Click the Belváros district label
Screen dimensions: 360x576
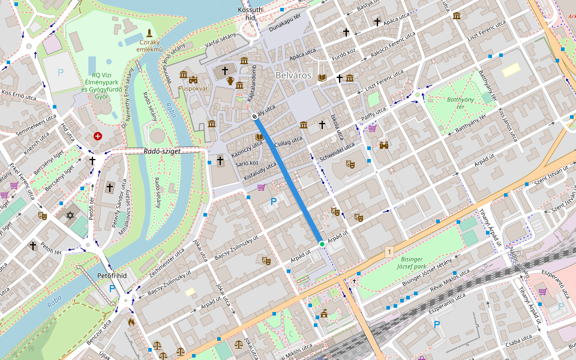[x=293, y=76]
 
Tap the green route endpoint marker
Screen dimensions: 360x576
[x=322, y=244]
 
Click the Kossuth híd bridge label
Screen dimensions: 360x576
[x=250, y=14]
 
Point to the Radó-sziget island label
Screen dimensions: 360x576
[x=162, y=152]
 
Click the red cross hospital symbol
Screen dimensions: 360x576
[x=97, y=137]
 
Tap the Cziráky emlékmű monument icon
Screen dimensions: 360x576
[x=149, y=32]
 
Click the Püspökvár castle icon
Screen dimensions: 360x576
[x=193, y=79]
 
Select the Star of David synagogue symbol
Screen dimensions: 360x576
[x=69, y=215]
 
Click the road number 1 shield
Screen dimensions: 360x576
[x=389, y=251]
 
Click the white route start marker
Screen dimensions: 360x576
[x=254, y=116]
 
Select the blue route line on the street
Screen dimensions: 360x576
[x=288, y=180]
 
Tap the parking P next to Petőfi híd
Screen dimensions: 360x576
[x=112, y=289]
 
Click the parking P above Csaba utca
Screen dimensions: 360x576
[x=437, y=325]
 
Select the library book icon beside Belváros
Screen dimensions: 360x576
[x=323, y=77]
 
